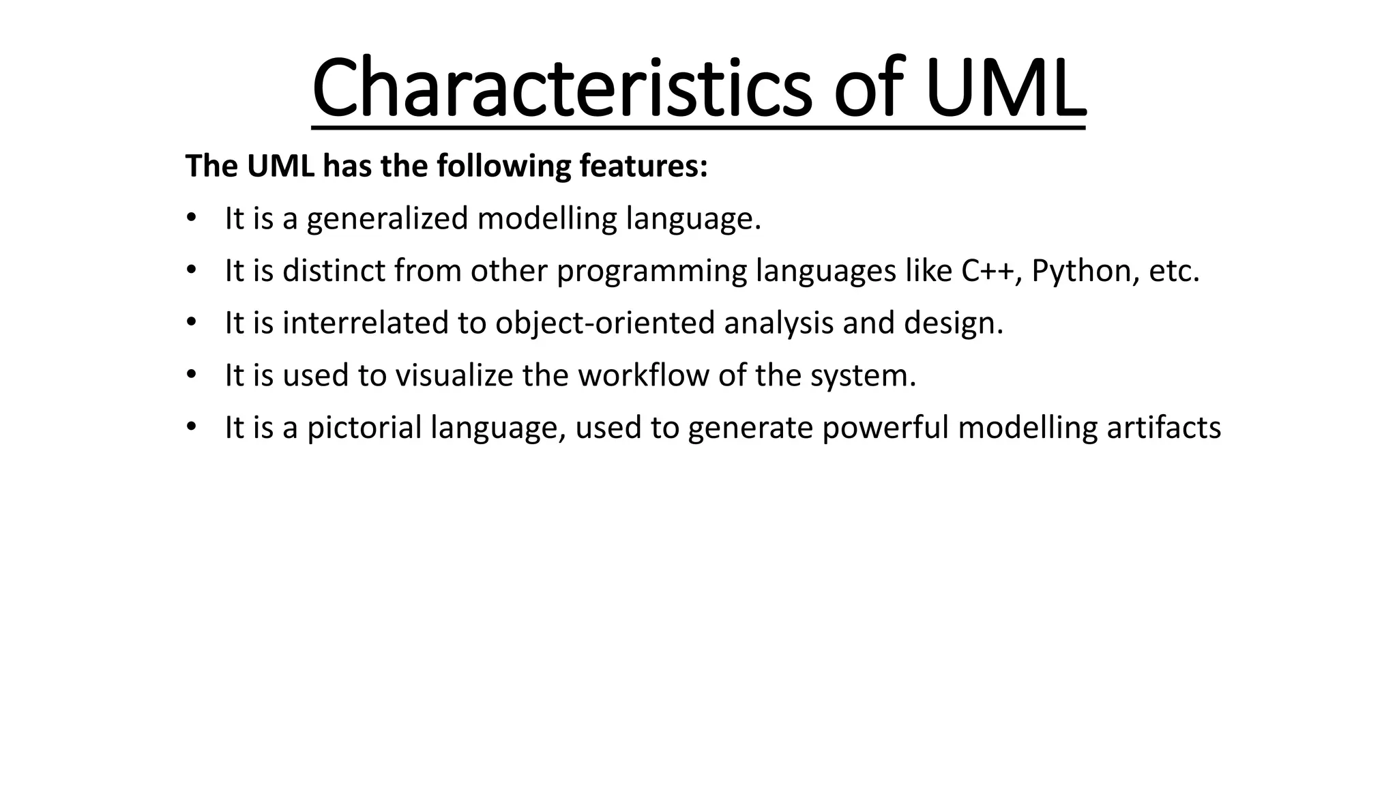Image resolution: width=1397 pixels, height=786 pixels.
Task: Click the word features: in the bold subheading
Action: [x=643, y=166]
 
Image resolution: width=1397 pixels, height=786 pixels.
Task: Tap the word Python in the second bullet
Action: [x=1085, y=271]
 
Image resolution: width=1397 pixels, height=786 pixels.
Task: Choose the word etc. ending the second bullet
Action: [x=1174, y=271]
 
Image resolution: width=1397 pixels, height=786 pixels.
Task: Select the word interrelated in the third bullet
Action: [x=366, y=323]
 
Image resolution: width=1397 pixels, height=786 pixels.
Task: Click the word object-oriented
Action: [x=605, y=323]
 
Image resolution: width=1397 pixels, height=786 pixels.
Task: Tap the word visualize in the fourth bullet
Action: [x=454, y=375]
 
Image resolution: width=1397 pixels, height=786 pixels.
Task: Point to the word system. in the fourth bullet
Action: [x=863, y=375]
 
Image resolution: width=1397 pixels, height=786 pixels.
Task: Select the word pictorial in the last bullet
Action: [x=364, y=428]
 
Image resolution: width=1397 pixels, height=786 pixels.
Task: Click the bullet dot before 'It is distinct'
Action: [x=190, y=271]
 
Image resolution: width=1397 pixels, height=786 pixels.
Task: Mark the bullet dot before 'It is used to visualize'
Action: [x=190, y=375]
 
